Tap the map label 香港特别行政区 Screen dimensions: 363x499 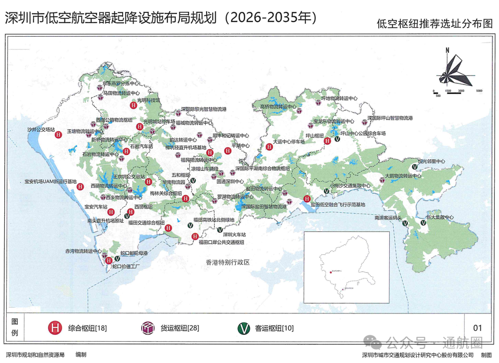[x=228, y=262]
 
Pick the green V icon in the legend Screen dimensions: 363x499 [x=244, y=328]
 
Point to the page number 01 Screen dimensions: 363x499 [x=477, y=328]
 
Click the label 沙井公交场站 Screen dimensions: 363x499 [x=41, y=129]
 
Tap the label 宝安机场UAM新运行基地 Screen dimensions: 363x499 [x=50, y=181]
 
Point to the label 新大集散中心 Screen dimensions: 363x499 [x=439, y=217]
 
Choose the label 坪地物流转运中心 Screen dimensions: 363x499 [x=339, y=98]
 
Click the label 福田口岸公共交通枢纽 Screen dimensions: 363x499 [x=221, y=242]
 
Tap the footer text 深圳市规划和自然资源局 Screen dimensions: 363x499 [x=35, y=355]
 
